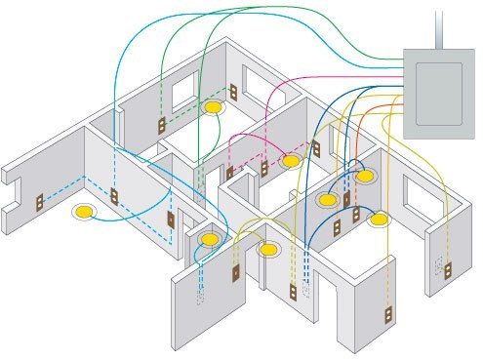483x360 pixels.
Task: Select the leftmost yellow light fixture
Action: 86,211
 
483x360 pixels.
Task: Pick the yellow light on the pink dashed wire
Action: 290,160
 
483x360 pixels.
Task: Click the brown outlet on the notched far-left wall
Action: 39,204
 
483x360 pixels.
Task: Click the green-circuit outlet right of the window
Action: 234,92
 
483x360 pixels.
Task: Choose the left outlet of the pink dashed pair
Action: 230,174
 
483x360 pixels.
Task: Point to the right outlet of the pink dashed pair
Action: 263,170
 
